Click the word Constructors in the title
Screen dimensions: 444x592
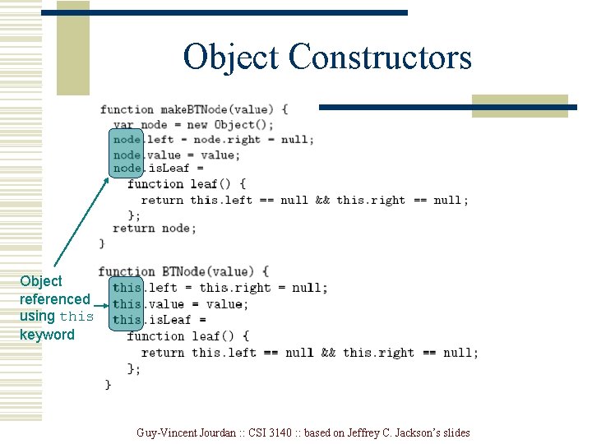(x=381, y=58)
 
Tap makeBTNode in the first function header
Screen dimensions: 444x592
(x=198, y=109)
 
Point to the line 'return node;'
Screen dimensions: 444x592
(x=155, y=229)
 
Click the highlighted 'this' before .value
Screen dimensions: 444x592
(x=127, y=304)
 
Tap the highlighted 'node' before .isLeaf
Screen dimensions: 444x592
(x=127, y=169)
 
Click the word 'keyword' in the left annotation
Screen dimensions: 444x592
(x=47, y=335)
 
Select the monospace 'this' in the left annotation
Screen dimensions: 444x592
(x=76, y=317)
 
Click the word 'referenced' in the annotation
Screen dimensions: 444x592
(x=55, y=299)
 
